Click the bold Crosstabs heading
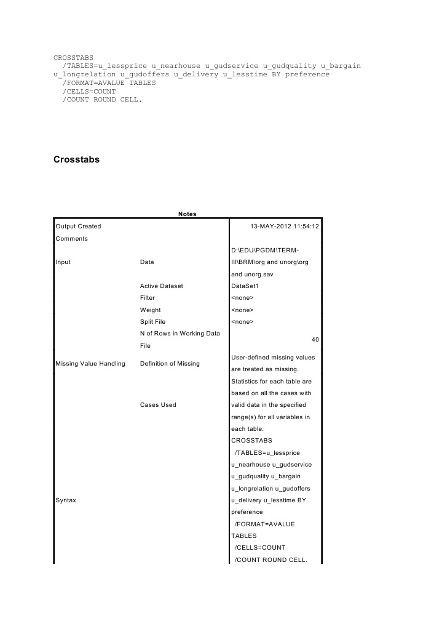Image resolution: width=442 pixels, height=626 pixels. pos(77,159)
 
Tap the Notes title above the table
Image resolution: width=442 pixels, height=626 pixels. pos(187,214)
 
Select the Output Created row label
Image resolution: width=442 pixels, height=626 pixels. pos(78,227)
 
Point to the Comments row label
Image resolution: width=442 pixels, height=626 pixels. pos(71,238)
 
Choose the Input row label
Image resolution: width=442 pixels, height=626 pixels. pos(63,262)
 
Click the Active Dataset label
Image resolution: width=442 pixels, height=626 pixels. pos(162,286)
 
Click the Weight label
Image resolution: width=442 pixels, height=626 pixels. pos(151,310)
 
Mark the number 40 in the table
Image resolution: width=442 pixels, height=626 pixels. pos(315,339)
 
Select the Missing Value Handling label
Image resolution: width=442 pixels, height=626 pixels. pos(90,363)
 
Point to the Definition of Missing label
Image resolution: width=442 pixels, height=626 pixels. pos(170,363)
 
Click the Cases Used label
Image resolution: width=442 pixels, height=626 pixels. pos(158,404)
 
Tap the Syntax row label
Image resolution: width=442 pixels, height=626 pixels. pos(66,500)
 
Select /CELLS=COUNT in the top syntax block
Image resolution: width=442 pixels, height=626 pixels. pos(90,90)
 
